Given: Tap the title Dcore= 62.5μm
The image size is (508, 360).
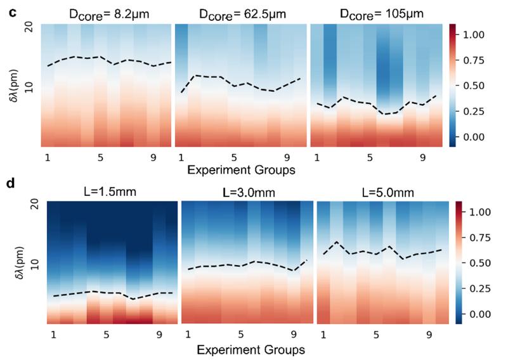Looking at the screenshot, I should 239,13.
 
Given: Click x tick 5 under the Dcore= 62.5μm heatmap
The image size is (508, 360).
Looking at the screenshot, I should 234,156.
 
